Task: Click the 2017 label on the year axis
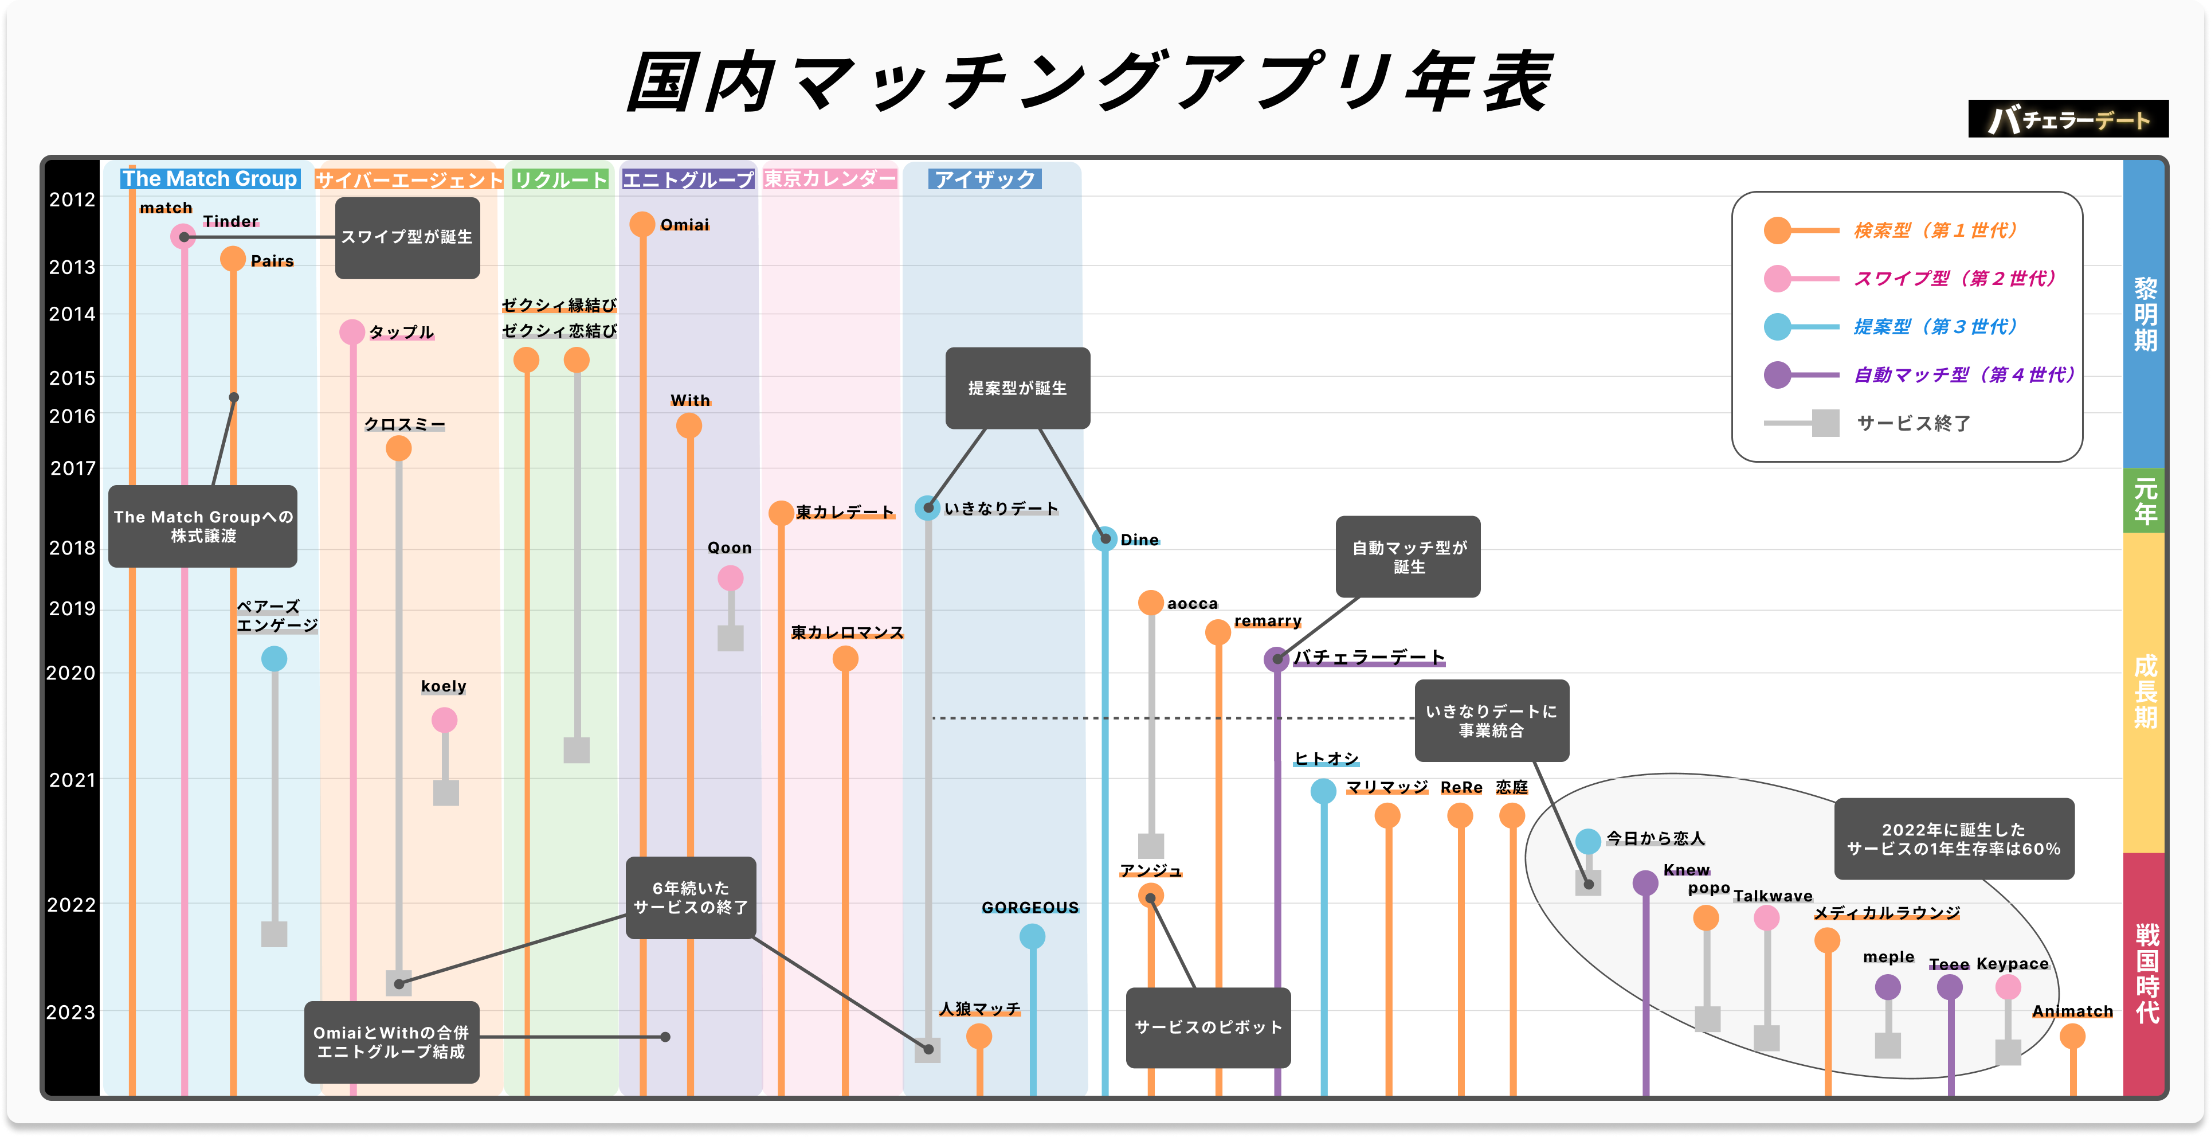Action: (x=73, y=468)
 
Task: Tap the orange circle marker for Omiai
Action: (x=642, y=224)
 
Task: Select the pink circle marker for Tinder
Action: (x=183, y=236)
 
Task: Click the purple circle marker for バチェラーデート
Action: (x=1276, y=659)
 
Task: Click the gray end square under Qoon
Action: (x=731, y=638)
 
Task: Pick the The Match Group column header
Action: (x=209, y=179)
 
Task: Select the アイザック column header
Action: (x=985, y=179)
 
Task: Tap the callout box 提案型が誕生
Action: (x=1017, y=388)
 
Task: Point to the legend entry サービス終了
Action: (x=1912, y=423)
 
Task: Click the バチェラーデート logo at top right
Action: (x=2068, y=119)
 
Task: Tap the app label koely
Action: (x=444, y=686)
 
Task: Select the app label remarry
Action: (x=1268, y=621)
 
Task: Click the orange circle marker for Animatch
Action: (x=2072, y=1037)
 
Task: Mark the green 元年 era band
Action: (x=2145, y=501)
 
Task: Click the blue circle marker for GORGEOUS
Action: (x=1033, y=936)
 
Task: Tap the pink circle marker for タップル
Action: (x=352, y=331)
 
